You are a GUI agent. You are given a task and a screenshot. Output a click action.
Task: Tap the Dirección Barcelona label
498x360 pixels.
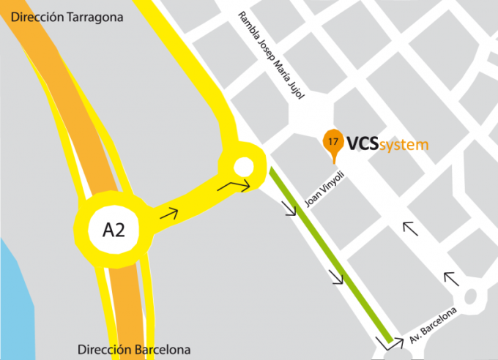133,349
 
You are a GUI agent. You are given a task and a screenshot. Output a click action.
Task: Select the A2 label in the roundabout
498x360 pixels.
114,230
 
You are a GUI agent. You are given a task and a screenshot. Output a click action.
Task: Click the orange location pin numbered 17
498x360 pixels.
333,143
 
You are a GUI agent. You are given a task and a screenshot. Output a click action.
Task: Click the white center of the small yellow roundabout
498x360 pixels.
244,167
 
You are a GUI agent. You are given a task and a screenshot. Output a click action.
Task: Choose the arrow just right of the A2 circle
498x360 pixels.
170,214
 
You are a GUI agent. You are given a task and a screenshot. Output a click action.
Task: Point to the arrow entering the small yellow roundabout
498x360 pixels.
235,187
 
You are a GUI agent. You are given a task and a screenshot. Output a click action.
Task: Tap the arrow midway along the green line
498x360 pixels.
336,277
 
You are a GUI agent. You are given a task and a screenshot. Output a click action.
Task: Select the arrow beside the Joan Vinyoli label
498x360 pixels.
290,209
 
